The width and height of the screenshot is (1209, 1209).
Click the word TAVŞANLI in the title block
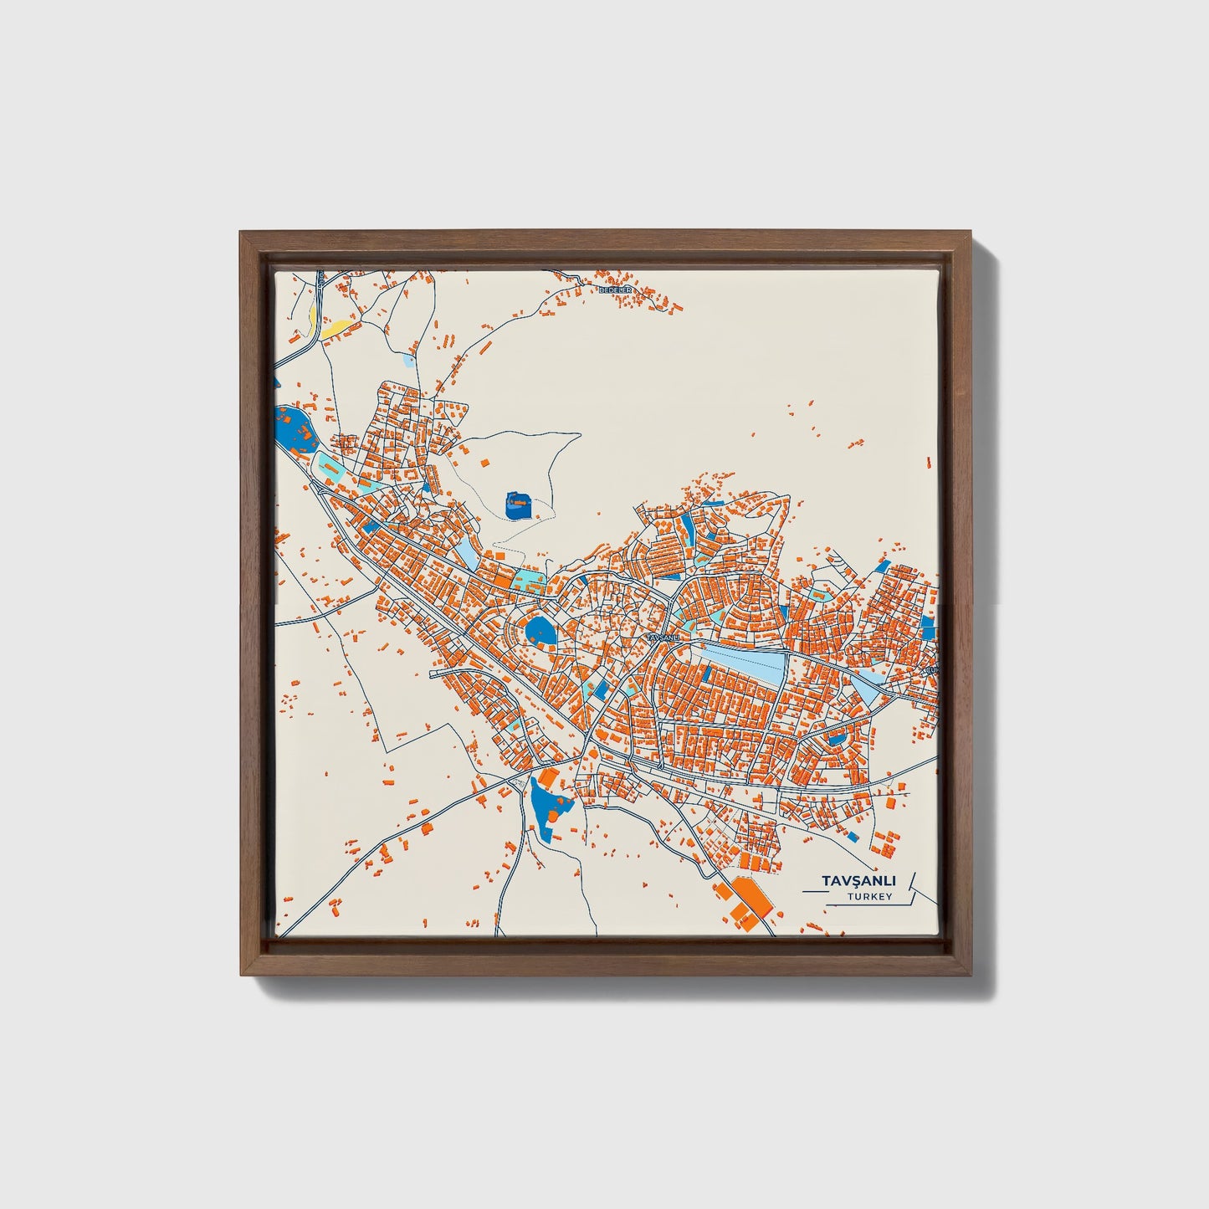tap(859, 881)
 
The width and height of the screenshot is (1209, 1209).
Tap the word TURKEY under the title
tap(868, 897)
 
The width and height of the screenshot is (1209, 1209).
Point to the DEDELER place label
tap(618, 289)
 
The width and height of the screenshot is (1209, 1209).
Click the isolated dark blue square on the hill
tap(520, 505)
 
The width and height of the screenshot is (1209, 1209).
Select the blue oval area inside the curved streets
tap(540, 631)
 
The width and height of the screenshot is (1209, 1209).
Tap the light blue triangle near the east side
tap(865, 689)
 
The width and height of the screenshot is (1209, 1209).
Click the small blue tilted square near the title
tap(853, 836)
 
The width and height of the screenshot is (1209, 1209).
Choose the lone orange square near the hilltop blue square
tap(483, 462)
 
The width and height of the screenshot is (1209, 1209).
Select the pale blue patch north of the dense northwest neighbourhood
tap(407, 361)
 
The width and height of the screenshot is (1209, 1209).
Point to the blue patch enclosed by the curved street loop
tap(836, 738)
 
